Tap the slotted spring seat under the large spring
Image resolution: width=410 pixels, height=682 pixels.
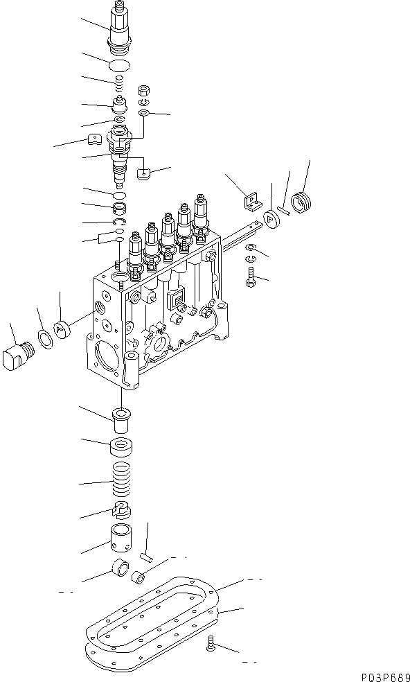(121, 510)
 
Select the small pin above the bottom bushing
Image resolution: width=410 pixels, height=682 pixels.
(146, 554)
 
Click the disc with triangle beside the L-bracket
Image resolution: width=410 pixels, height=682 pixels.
(271, 218)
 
